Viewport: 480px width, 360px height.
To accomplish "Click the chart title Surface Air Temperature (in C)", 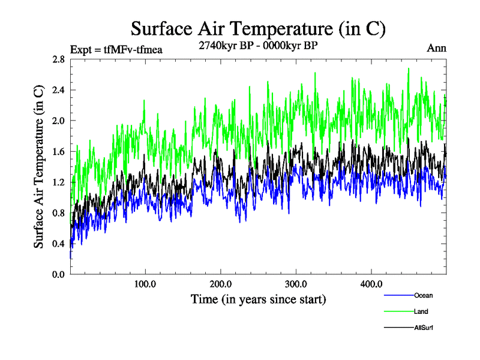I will pos(258,28).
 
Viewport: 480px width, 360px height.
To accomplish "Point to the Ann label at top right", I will pos(436,48).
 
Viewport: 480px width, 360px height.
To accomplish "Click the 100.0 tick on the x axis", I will pos(146,284).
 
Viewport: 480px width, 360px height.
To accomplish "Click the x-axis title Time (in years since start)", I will pos(258,298).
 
